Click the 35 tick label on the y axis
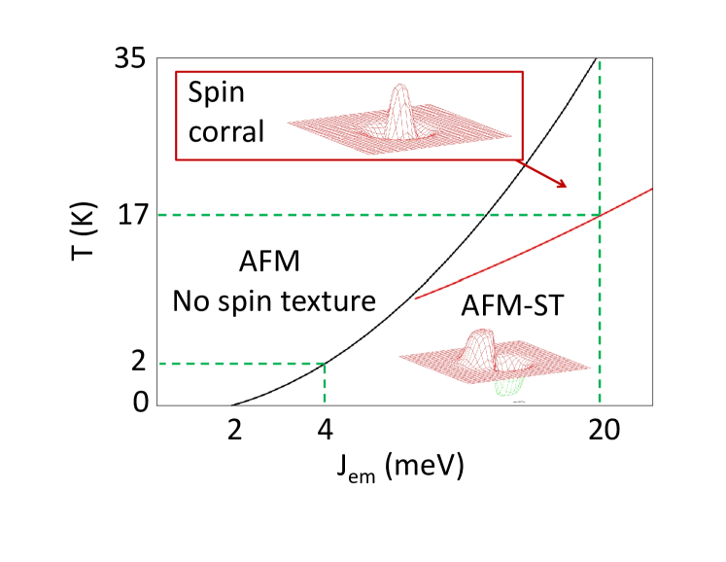pyautogui.click(x=130, y=59)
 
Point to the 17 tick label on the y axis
pyautogui.click(x=130, y=215)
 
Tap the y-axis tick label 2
pyautogui.click(x=138, y=362)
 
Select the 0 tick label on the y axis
pyautogui.click(x=139, y=401)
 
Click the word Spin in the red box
pyautogui.click(x=216, y=94)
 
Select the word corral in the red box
pyautogui.click(x=226, y=131)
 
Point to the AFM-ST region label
pyautogui.click(x=512, y=307)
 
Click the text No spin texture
pyautogui.click(x=274, y=300)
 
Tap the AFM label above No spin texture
pyautogui.click(x=269, y=262)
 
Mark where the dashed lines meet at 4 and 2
pyautogui.click(x=325, y=364)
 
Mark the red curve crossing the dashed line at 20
pyautogui.click(x=600, y=214)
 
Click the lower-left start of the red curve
pyautogui.click(x=416, y=298)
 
